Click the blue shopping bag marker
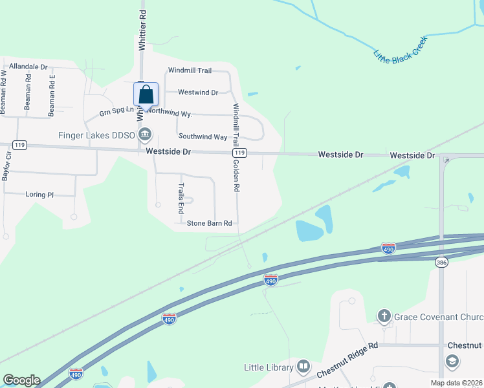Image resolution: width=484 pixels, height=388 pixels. (x=146, y=94)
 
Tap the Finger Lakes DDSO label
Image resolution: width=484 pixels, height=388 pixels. (x=96, y=135)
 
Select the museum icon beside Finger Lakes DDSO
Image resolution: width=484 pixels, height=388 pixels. (x=146, y=134)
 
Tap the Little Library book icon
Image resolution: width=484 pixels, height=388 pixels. (x=303, y=367)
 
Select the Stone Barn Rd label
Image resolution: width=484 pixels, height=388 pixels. (x=209, y=224)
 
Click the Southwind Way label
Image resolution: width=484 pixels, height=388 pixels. (x=203, y=137)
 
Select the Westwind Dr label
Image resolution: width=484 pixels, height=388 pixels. (x=198, y=92)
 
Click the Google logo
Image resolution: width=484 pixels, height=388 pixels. (x=21, y=380)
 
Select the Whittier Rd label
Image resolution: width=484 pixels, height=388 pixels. (x=142, y=30)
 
